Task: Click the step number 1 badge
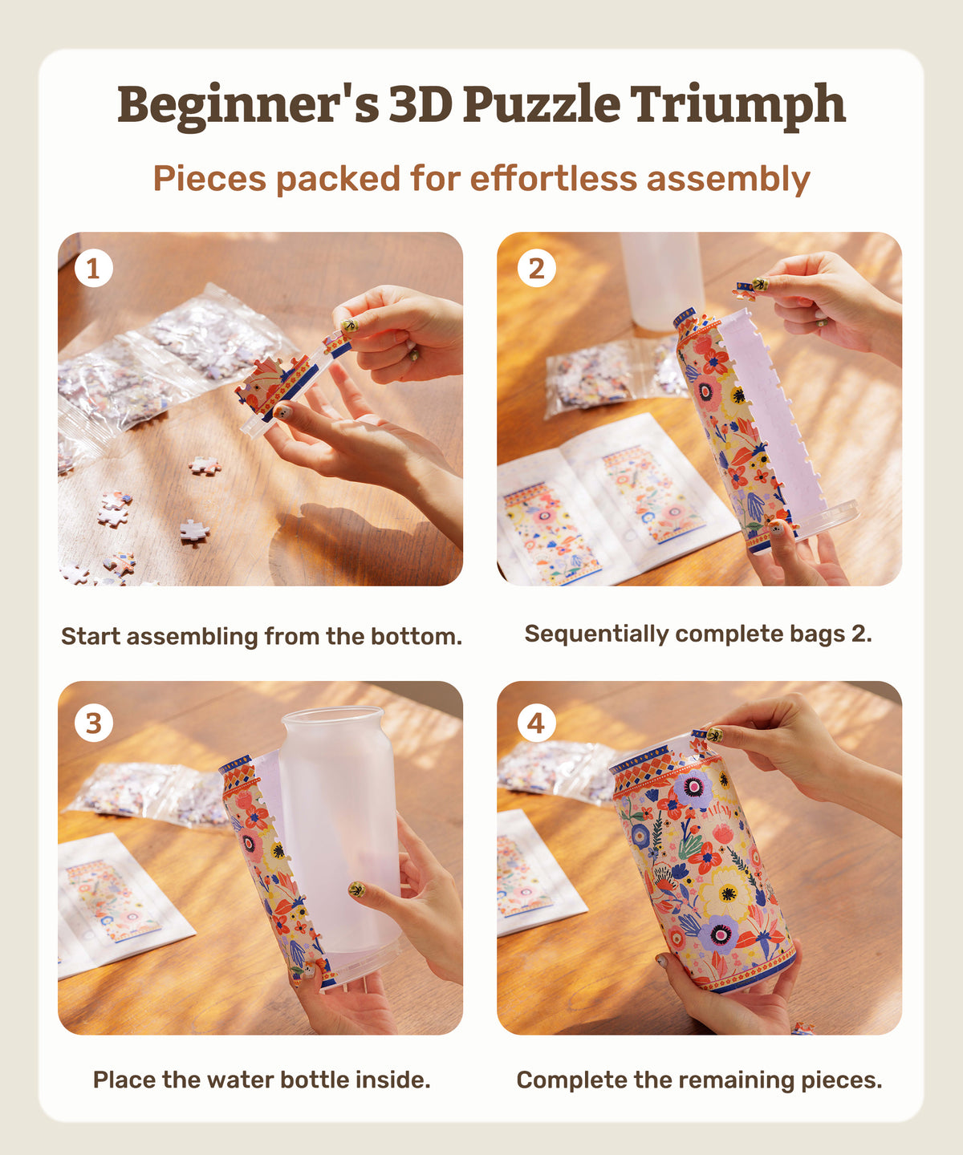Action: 94,269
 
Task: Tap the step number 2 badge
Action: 536,269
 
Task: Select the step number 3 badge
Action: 94,723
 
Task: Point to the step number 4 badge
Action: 536,723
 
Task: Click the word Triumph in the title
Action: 737,106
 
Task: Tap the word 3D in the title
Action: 421,104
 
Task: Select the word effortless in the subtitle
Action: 554,179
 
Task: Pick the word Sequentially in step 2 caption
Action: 596,634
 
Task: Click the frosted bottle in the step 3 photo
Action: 339,829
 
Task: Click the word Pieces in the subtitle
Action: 209,179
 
